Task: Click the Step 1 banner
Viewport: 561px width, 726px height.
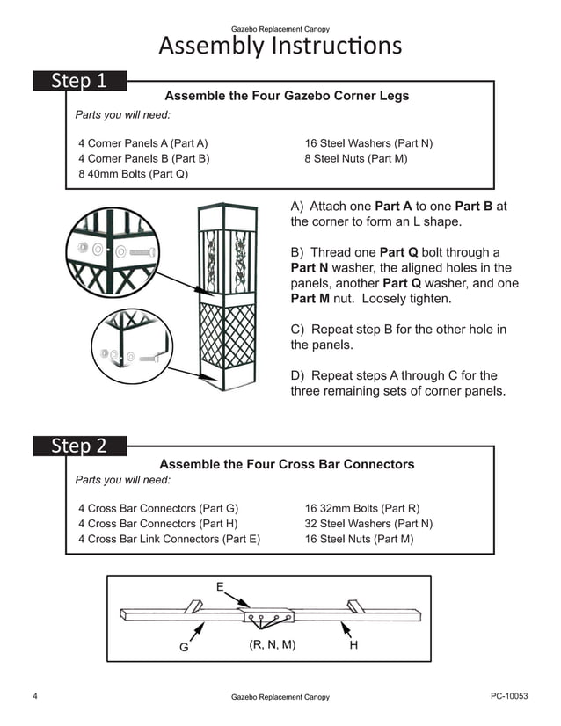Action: point(79,82)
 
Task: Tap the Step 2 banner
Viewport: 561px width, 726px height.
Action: point(79,446)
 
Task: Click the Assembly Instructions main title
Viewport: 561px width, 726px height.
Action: point(280,46)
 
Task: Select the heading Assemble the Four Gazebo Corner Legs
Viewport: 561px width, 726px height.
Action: point(287,96)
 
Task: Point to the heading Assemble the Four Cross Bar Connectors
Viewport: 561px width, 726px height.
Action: point(287,464)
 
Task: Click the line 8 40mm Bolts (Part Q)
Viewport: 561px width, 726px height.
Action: point(133,174)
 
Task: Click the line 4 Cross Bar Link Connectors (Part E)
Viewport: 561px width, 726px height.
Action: point(169,539)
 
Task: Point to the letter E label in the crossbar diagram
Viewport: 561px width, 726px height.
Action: point(220,586)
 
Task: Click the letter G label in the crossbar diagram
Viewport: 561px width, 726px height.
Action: point(184,647)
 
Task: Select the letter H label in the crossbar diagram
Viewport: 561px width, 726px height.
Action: point(353,645)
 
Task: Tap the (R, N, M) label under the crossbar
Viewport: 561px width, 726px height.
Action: point(273,644)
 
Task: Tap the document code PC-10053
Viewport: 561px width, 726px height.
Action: point(509,696)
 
